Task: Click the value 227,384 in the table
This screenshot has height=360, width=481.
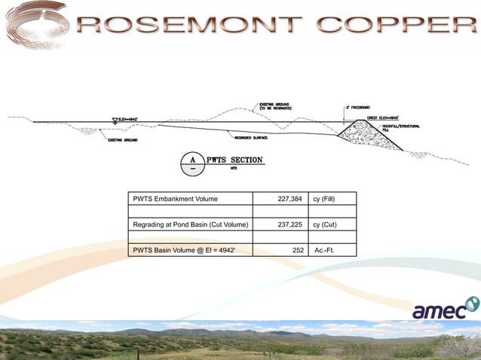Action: coord(290,200)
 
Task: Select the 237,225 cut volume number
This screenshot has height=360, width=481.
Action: coord(290,224)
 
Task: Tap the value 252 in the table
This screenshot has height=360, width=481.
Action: coord(297,249)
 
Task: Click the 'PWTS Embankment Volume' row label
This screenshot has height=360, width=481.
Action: coord(176,200)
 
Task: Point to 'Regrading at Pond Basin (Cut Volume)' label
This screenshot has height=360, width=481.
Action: coord(190,224)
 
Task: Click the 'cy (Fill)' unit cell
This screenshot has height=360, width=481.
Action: coord(329,200)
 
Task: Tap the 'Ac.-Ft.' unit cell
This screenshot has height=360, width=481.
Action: coord(327,249)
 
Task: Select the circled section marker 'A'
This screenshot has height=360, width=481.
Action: coord(193,163)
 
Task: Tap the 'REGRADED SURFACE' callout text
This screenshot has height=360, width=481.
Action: coord(252,138)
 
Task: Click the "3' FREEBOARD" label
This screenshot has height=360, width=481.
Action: coord(357,108)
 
